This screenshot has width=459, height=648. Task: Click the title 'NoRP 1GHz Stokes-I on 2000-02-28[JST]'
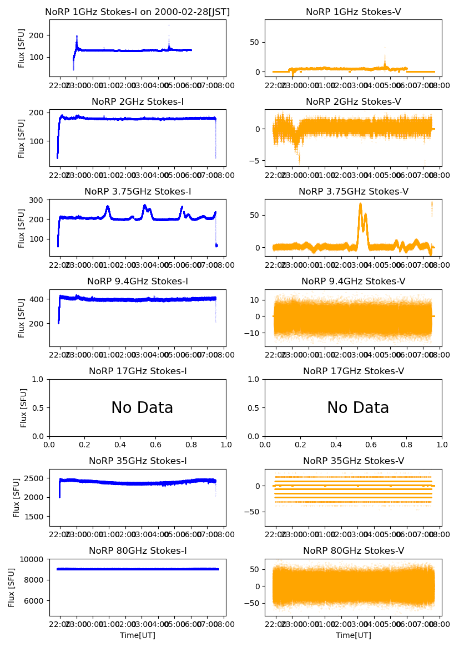click(x=138, y=12)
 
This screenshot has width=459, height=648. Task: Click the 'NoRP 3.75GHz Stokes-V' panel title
click(x=354, y=192)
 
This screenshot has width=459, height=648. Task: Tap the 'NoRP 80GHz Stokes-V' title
click(x=354, y=551)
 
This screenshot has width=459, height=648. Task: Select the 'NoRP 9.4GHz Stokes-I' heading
click(x=138, y=282)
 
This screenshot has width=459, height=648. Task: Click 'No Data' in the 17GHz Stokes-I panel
click(x=142, y=408)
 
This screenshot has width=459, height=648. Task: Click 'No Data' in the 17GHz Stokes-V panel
click(x=358, y=408)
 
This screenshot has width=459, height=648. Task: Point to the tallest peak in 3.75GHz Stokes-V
click(x=360, y=204)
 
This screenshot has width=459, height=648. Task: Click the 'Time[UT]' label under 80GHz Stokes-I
click(x=138, y=635)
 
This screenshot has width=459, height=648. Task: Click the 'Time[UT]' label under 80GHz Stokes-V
click(x=354, y=635)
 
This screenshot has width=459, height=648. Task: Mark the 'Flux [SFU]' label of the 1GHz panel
click(x=22, y=48)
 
